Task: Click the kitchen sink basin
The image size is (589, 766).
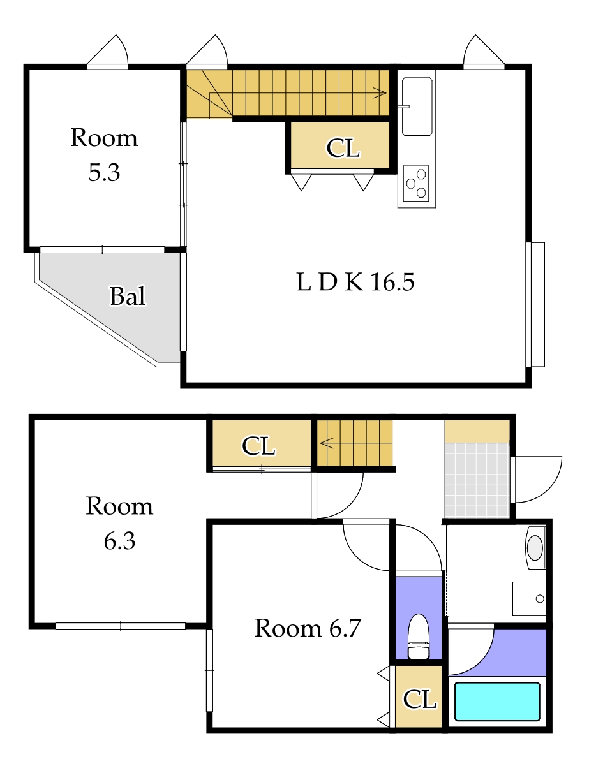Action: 417,107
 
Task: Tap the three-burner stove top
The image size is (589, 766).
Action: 416,183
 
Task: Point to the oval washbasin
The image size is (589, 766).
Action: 535,547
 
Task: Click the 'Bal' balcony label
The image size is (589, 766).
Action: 128,296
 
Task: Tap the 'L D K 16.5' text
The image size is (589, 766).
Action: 355,282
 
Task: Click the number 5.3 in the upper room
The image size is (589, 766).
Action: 104,172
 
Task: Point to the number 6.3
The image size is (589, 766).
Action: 119,541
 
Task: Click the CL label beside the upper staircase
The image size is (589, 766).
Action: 343,148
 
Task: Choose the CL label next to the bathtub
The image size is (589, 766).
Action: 419,699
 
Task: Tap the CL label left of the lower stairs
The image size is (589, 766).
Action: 258,446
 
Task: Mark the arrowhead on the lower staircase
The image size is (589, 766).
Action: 326,443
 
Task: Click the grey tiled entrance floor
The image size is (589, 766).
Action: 477,480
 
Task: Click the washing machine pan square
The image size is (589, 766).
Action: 530,598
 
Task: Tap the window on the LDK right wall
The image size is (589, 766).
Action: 535,305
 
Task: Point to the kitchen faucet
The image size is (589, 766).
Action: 403,106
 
